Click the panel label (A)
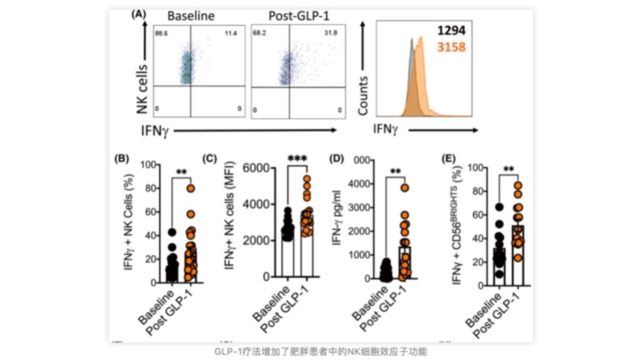pyautogui.click(x=139, y=15)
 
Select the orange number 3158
pyautogui.click(x=458, y=44)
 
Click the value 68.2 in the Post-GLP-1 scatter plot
pyautogui.click(x=258, y=32)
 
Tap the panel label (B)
pyautogui.click(x=125, y=160)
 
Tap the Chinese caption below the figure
pyautogui.click(x=320, y=351)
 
